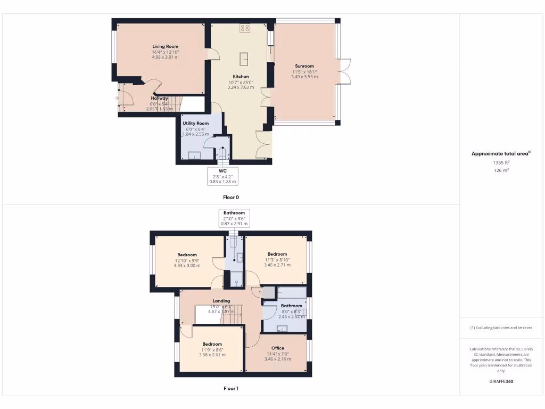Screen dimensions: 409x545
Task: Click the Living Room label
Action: tap(165, 46)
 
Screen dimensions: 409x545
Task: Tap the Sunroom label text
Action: tap(304, 66)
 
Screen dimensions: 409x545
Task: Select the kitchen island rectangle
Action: tap(245, 58)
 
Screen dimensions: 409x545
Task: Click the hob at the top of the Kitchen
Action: tap(245, 28)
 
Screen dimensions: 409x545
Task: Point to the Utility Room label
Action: tap(195, 123)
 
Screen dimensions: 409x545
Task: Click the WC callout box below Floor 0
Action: tap(222, 176)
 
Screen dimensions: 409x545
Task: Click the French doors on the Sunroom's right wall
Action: tap(345, 71)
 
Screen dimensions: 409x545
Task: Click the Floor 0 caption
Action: tap(230, 197)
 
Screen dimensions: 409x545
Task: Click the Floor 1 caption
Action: tap(230, 389)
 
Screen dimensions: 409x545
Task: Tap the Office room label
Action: tap(277, 348)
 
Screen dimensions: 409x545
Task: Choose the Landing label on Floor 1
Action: tap(221, 301)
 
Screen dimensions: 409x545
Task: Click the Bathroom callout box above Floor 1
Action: tap(234, 218)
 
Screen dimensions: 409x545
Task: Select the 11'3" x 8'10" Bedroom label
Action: tap(277, 254)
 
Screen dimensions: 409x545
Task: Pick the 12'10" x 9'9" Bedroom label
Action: tap(187, 255)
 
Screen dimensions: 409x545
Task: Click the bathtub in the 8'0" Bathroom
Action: tap(292, 292)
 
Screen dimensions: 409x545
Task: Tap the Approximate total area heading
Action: tap(500, 153)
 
